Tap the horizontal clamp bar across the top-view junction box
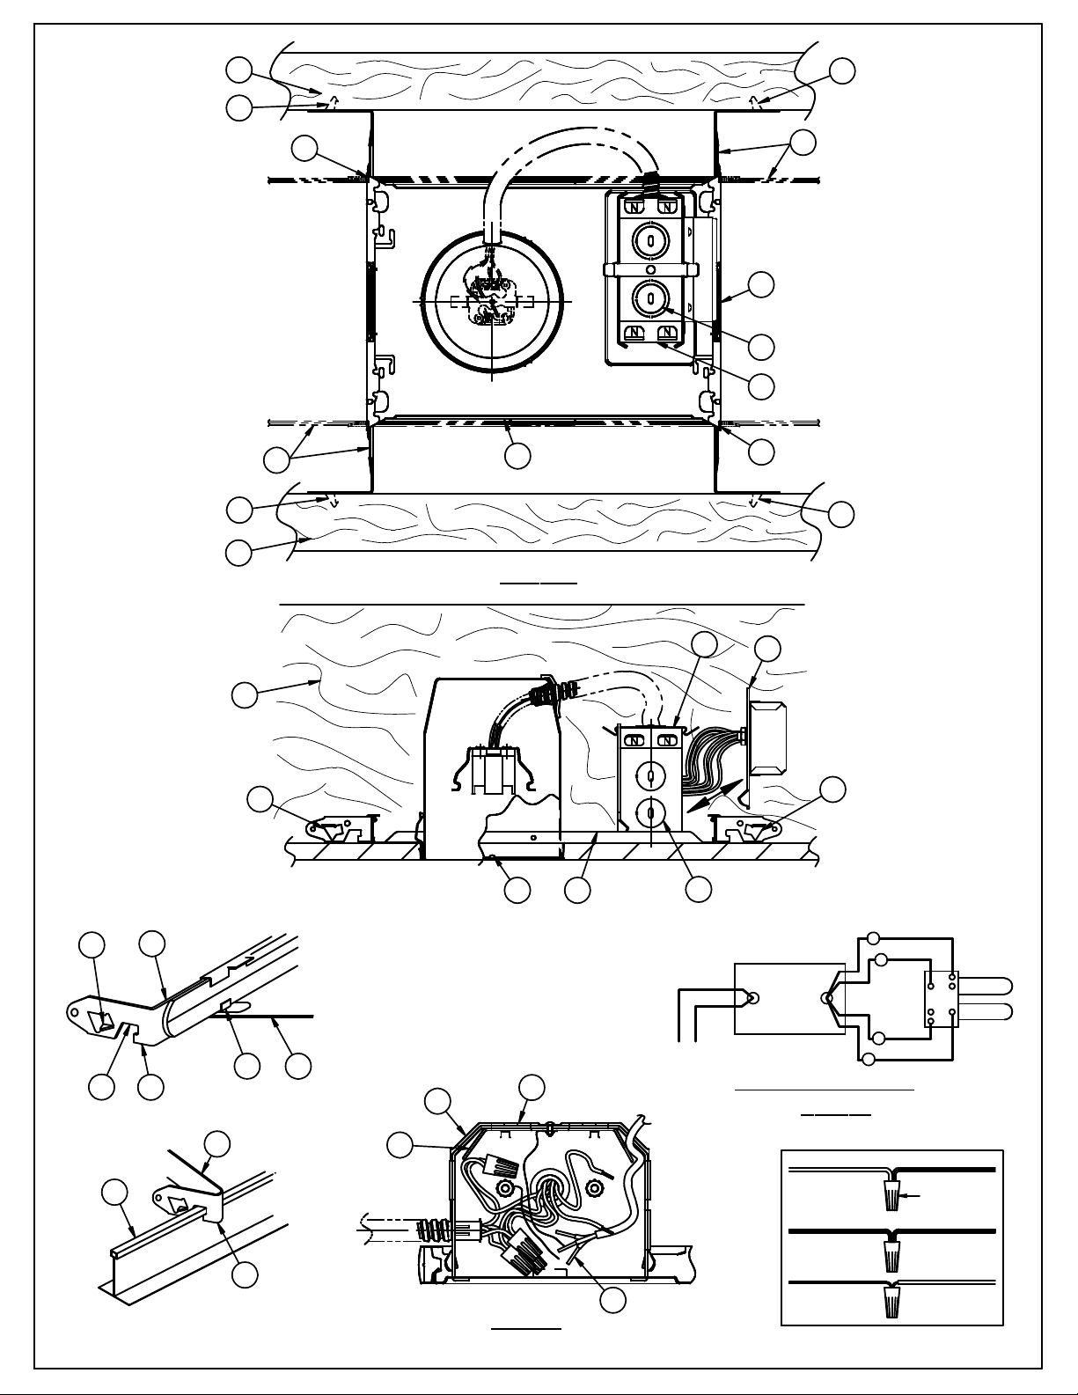click(x=651, y=268)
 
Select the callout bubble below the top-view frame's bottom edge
click(x=517, y=455)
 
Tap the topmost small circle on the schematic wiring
click(x=873, y=937)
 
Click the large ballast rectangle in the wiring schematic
click(x=788, y=999)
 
